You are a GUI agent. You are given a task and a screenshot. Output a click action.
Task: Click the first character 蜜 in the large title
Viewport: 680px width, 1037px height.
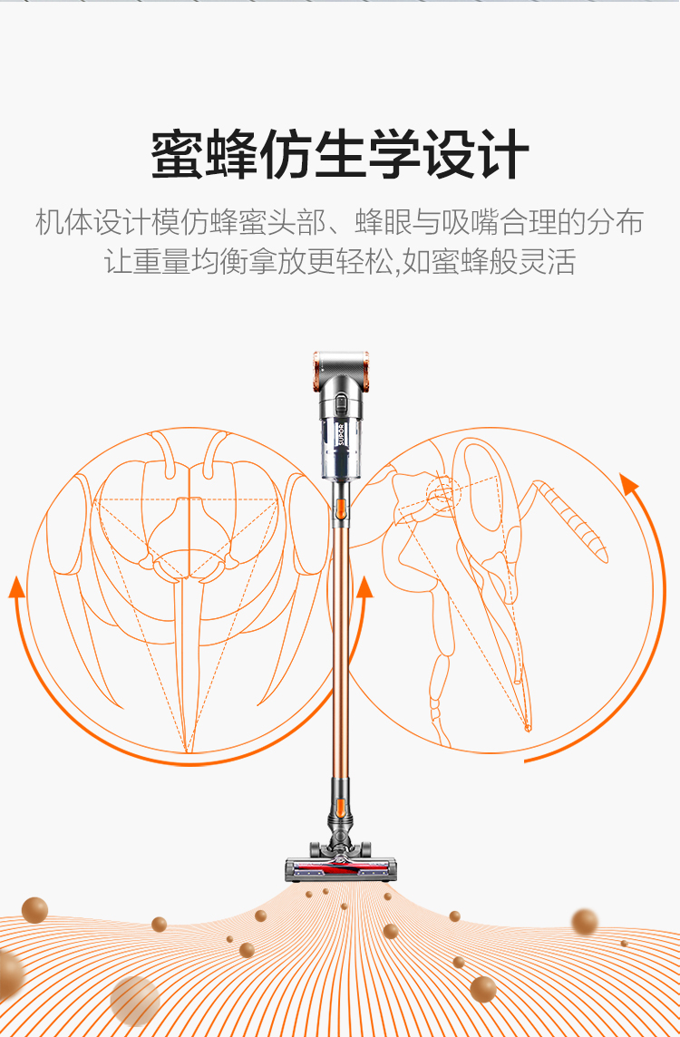(178, 154)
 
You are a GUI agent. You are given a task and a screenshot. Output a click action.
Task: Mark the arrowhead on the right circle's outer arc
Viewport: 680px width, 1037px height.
(629, 485)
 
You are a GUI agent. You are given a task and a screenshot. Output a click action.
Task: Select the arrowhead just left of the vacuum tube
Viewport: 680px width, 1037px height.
(364, 586)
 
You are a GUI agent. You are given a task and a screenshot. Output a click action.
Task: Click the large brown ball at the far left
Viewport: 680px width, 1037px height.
(34, 910)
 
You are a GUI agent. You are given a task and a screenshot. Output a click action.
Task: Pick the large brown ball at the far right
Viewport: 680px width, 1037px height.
(585, 922)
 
